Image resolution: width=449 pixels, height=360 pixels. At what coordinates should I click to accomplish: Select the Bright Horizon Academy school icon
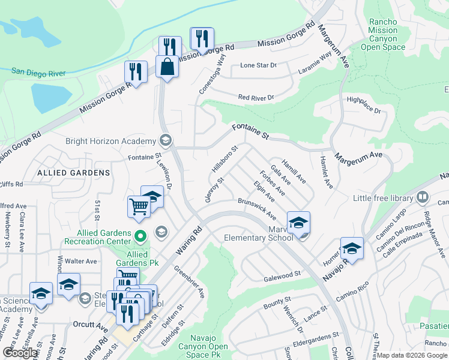click(165, 141)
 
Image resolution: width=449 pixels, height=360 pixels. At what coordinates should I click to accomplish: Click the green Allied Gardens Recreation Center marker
click(140, 236)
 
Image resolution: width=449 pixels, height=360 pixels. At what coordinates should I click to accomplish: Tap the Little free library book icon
click(423, 197)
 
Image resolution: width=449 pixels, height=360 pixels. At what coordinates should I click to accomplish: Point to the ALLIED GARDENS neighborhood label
click(74, 172)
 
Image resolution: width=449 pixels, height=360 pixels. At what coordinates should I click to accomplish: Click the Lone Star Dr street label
click(258, 65)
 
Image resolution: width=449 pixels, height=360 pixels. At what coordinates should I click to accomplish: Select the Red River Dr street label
click(256, 97)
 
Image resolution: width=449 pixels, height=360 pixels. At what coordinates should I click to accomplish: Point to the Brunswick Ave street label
click(256, 208)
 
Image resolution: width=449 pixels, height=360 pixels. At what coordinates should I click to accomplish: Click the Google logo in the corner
click(20, 353)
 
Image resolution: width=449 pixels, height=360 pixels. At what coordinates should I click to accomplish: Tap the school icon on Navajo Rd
click(351, 248)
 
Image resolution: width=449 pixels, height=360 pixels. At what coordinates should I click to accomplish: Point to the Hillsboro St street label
click(225, 158)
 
